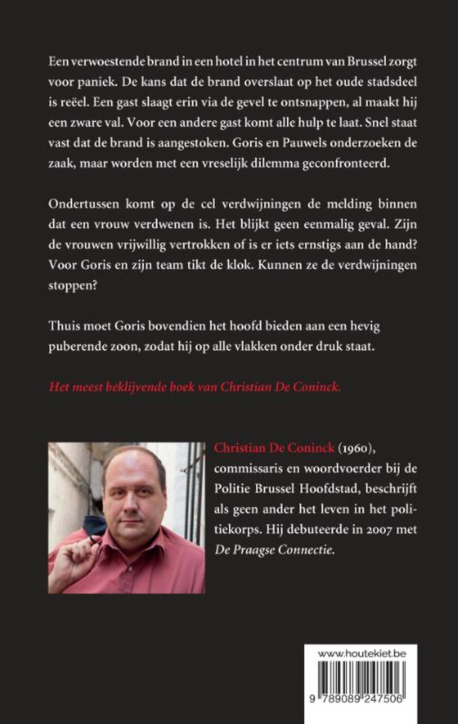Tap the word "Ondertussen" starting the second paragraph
84,204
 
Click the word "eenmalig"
329,224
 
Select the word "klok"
240,265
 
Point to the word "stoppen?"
73,286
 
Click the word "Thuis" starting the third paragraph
63,326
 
